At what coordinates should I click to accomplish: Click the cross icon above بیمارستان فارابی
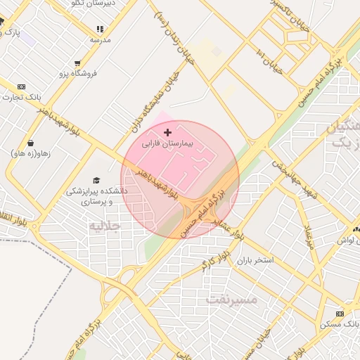point(167,132)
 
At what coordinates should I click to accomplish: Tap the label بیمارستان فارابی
point(167,143)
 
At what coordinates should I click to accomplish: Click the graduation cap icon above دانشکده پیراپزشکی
point(96,180)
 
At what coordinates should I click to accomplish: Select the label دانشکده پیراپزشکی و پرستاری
point(96,195)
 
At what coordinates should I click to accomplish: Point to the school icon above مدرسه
point(100,29)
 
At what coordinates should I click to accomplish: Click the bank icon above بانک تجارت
point(20,86)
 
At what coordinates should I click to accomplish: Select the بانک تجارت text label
point(20,97)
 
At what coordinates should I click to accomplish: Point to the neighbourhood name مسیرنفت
point(232,300)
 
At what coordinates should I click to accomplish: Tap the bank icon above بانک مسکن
point(340,314)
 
